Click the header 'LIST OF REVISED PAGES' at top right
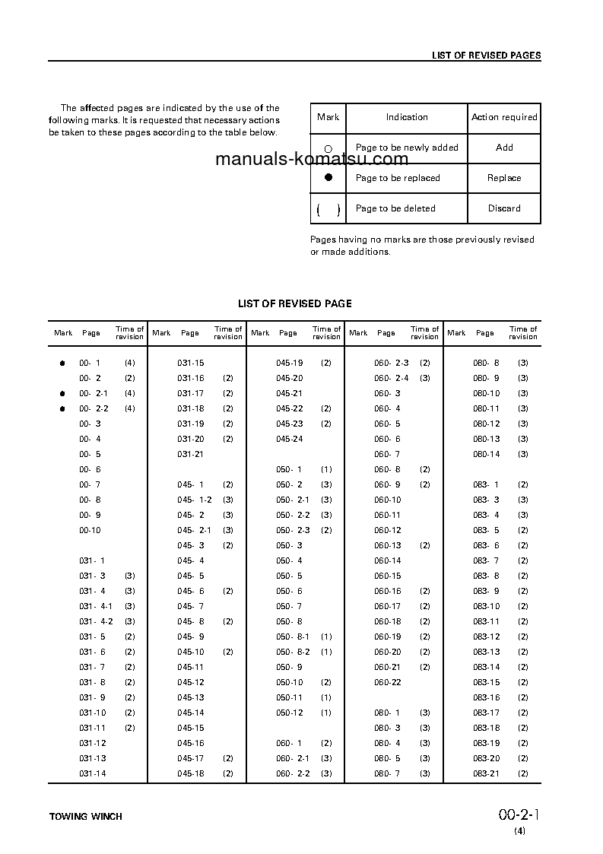486,56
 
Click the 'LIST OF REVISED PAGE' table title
294,303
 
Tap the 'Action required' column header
504,117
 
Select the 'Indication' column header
407,117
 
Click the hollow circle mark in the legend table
328,149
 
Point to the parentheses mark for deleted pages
328,209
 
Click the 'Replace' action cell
504,178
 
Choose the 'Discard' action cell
504,208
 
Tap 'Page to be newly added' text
407,148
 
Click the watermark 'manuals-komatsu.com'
312,160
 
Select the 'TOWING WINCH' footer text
86,817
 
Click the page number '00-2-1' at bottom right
519,815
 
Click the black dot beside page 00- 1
63,364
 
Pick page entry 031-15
191,364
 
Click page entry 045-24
289,440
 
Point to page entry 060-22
387,683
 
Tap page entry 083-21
486,774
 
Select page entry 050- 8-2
293,652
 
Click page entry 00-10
90,531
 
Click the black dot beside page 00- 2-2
63,409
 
